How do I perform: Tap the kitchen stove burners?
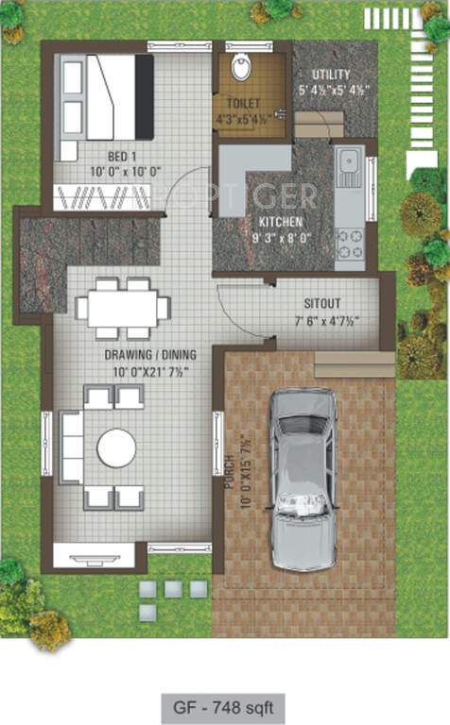point(349,244)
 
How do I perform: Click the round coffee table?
point(116,448)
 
